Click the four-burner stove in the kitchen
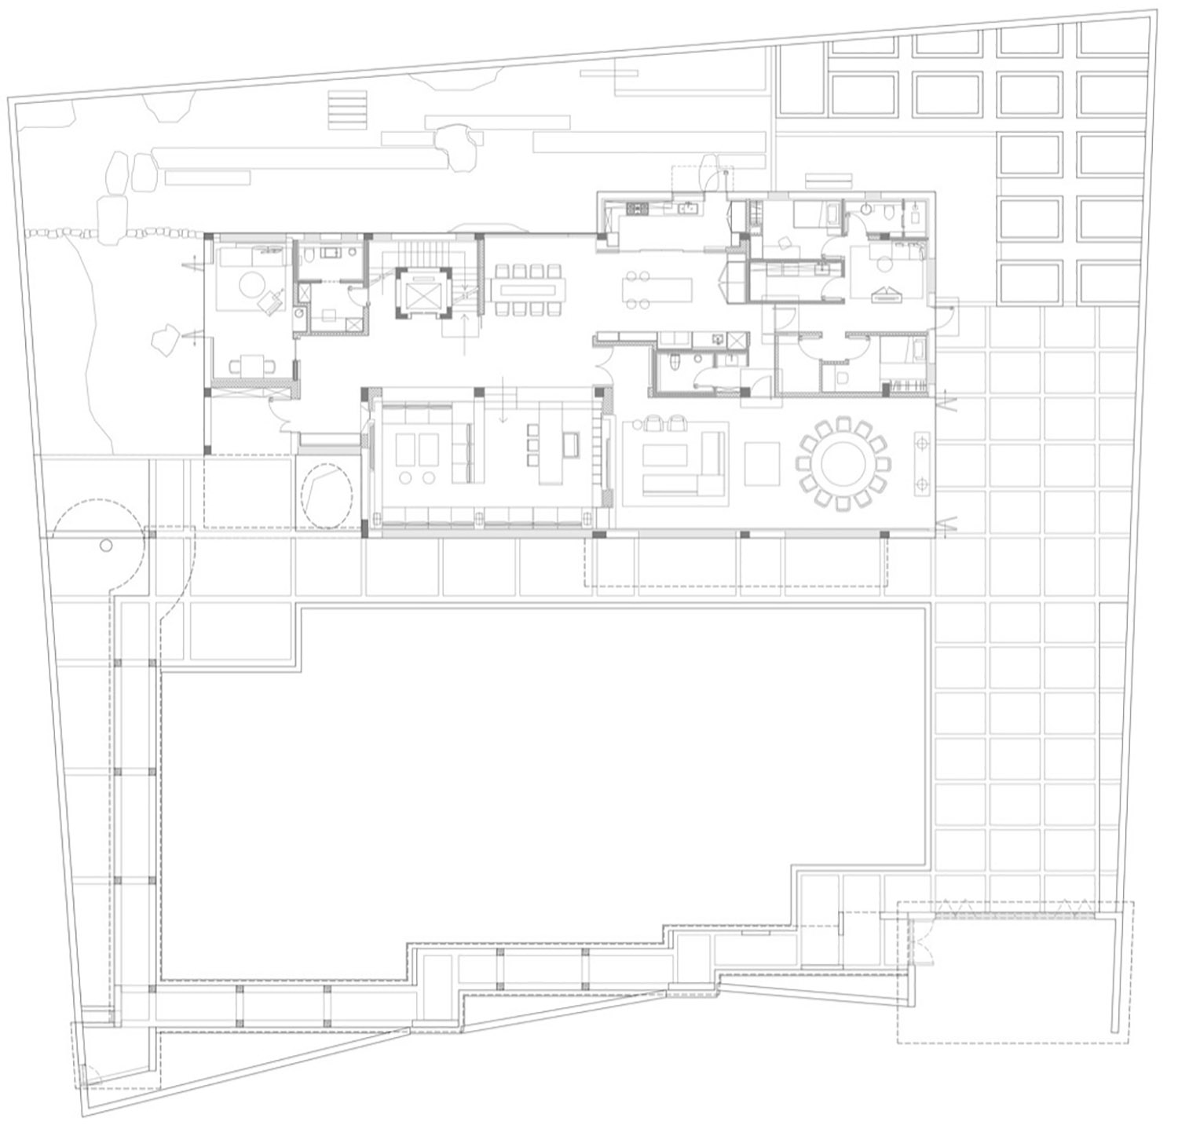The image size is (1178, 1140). [635, 209]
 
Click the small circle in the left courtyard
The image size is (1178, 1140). [107, 546]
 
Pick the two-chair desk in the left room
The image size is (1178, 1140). [252, 364]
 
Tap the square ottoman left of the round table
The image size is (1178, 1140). [761, 462]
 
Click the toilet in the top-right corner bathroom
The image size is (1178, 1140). [885, 210]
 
